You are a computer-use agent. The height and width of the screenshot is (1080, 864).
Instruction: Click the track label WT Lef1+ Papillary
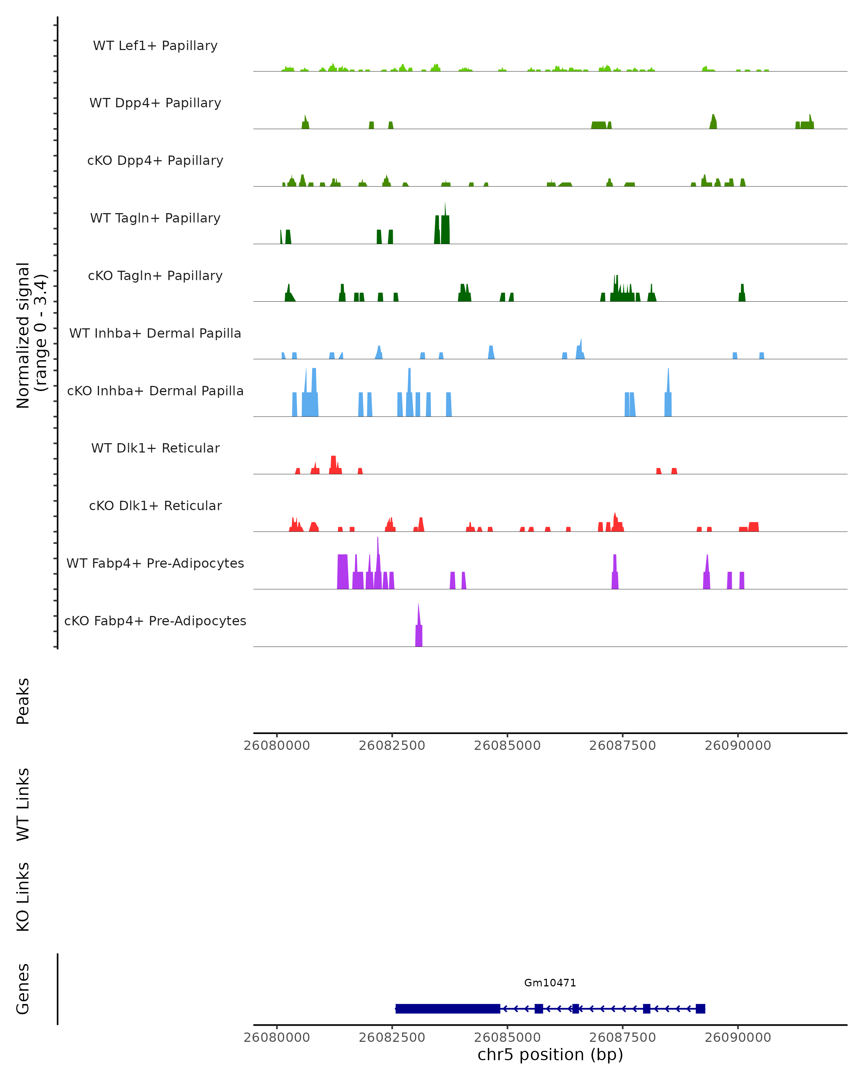(x=155, y=46)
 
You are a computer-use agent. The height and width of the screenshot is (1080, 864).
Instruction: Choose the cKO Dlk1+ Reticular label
(x=155, y=505)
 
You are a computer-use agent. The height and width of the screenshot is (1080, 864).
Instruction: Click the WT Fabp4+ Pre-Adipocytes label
(x=155, y=563)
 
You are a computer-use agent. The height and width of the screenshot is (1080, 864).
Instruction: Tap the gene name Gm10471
(x=550, y=983)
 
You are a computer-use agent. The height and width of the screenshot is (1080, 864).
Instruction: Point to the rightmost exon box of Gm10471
(x=700, y=1008)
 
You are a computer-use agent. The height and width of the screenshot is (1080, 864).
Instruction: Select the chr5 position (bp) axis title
(x=550, y=1054)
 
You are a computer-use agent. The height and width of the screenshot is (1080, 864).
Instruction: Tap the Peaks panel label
(x=23, y=701)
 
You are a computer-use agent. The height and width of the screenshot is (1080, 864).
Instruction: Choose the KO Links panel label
(x=23, y=897)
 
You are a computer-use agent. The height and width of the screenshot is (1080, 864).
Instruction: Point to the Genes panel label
(x=23, y=989)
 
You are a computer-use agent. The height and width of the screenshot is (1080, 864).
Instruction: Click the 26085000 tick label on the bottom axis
(x=507, y=1037)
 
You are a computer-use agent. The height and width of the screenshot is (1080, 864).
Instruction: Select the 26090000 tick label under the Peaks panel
(x=738, y=746)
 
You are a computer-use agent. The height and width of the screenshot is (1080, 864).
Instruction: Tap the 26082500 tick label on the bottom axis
(x=392, y=1037)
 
